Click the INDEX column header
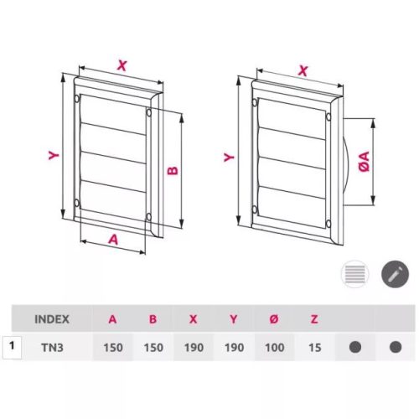52,319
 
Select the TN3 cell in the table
52,348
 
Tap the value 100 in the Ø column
275,348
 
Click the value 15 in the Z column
314,348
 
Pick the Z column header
314,319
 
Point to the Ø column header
274,319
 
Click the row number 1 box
12,348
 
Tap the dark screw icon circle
395,274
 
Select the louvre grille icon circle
355,274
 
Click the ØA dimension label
365,162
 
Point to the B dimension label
173,170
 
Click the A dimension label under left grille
113,240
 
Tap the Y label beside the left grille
54,155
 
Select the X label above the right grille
303,70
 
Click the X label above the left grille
122,65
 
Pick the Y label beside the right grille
229,158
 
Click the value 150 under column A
113,348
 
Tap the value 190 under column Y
234,348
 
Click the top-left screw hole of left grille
77,98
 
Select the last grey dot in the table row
396,347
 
